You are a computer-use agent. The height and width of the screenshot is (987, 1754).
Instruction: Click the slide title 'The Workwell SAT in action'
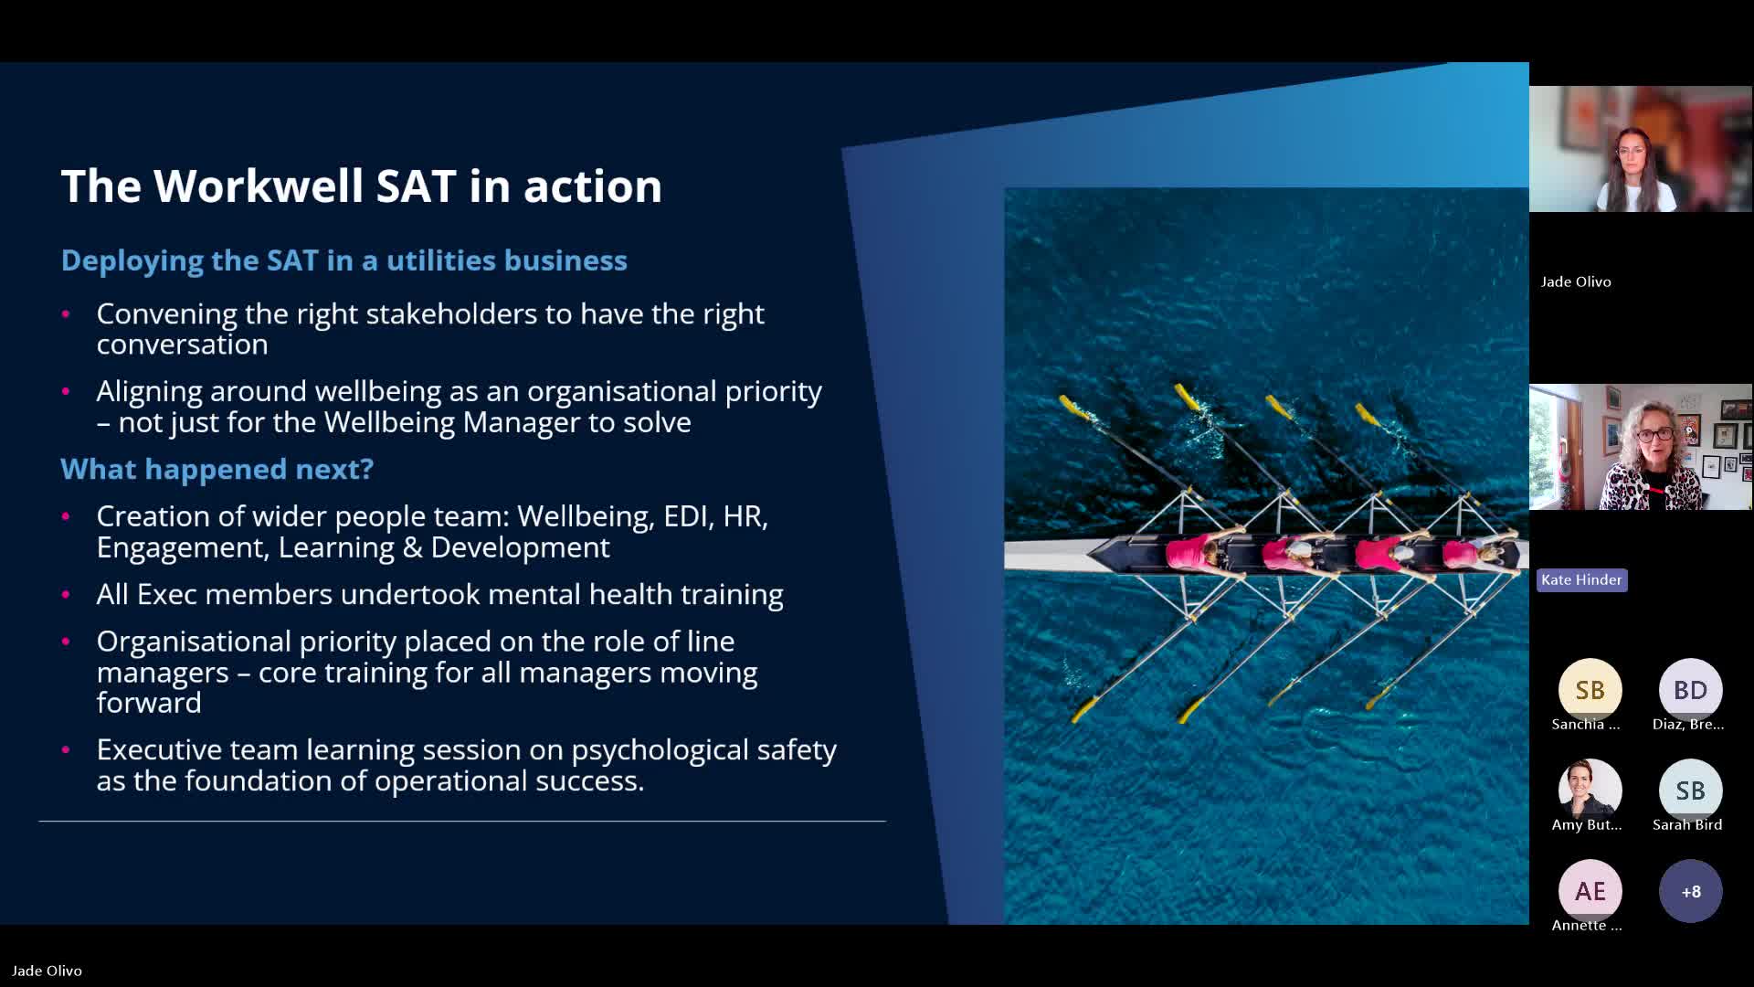click(x=361, y=186)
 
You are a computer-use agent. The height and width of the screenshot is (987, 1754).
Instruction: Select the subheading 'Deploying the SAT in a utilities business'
click(x=343, y=260)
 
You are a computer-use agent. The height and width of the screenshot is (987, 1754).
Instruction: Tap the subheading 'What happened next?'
click(x=217, y=469)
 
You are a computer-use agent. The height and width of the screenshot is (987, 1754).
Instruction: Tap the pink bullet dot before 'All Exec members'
click(x=66, y=595)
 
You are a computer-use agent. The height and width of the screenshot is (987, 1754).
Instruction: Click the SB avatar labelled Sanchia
click(x=1590, y=690)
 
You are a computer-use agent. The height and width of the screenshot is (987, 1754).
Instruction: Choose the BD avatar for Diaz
click(x=1690, y=690)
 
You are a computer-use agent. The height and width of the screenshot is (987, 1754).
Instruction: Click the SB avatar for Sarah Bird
click(x=1690, y=791)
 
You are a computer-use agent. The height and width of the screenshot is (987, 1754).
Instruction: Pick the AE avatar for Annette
click(x=1590, y=891)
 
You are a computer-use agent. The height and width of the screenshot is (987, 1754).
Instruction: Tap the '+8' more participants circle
click(x=1690, y=891)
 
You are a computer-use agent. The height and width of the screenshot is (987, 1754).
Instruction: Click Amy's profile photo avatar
click(x=1590, y=791)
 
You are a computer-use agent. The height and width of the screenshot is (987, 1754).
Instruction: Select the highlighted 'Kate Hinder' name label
click(x=1581, y=579)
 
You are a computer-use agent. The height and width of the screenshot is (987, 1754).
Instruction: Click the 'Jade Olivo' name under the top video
click(x=1576, y=281)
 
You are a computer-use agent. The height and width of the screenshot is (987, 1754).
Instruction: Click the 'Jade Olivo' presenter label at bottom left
click(x=47, y=971)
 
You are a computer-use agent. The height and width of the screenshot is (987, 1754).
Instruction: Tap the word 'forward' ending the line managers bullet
click(x=149, y=703)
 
